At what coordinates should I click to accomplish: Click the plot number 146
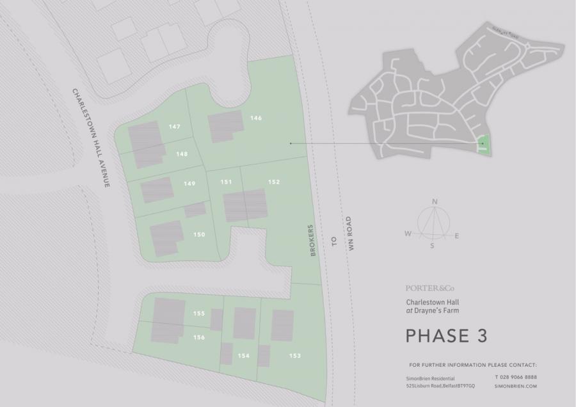click(256, 118)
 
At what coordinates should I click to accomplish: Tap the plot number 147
click(174, 127)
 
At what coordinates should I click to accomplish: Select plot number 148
click(182, 154)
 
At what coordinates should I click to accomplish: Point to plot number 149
click(189, 184)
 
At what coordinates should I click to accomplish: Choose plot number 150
click(198, 235)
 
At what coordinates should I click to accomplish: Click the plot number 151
click(226, 182)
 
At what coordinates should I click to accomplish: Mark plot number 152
click(274, 182)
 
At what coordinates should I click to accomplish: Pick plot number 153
click(294, 356)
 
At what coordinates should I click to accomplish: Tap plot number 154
click(243, 356)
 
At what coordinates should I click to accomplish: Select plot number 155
click(198, 314)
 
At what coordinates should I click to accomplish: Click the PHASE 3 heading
click(446, 335)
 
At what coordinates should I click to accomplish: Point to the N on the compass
click(435, 202)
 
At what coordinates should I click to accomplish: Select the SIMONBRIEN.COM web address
click(515, 387)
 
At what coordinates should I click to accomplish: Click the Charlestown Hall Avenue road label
click(90, 138)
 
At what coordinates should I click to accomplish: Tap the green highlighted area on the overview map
click(484, 144)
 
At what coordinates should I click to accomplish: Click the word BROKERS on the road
click(314, 241)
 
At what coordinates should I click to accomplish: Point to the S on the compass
click(432, 245)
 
